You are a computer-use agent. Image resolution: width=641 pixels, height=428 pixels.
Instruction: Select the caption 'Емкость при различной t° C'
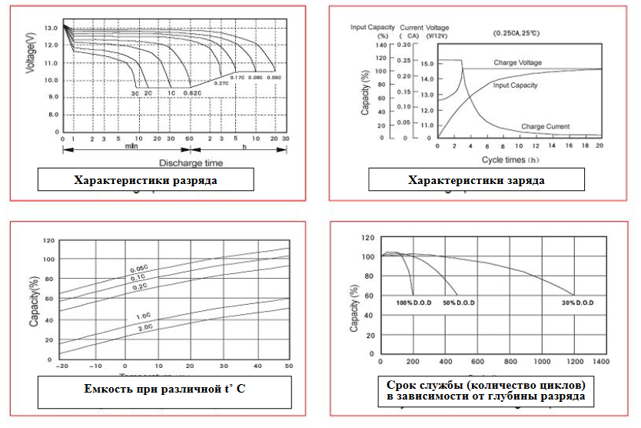164,389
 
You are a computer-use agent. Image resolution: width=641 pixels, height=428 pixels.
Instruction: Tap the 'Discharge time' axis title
191,162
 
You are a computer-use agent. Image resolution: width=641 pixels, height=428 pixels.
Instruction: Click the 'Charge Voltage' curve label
517,62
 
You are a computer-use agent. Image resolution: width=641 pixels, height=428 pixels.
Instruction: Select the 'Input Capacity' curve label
515,85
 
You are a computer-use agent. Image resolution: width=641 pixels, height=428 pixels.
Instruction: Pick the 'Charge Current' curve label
545,125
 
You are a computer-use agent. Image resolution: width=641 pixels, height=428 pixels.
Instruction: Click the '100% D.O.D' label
415,303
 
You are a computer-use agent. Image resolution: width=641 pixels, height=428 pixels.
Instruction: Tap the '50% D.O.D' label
458,303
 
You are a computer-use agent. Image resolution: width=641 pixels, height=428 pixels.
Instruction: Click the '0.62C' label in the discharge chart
192,92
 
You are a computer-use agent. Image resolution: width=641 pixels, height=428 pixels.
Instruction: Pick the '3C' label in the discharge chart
135,92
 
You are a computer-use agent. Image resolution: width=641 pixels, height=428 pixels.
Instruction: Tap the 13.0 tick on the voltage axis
51,28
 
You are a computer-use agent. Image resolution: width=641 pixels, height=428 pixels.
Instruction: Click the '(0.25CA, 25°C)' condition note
516,34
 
